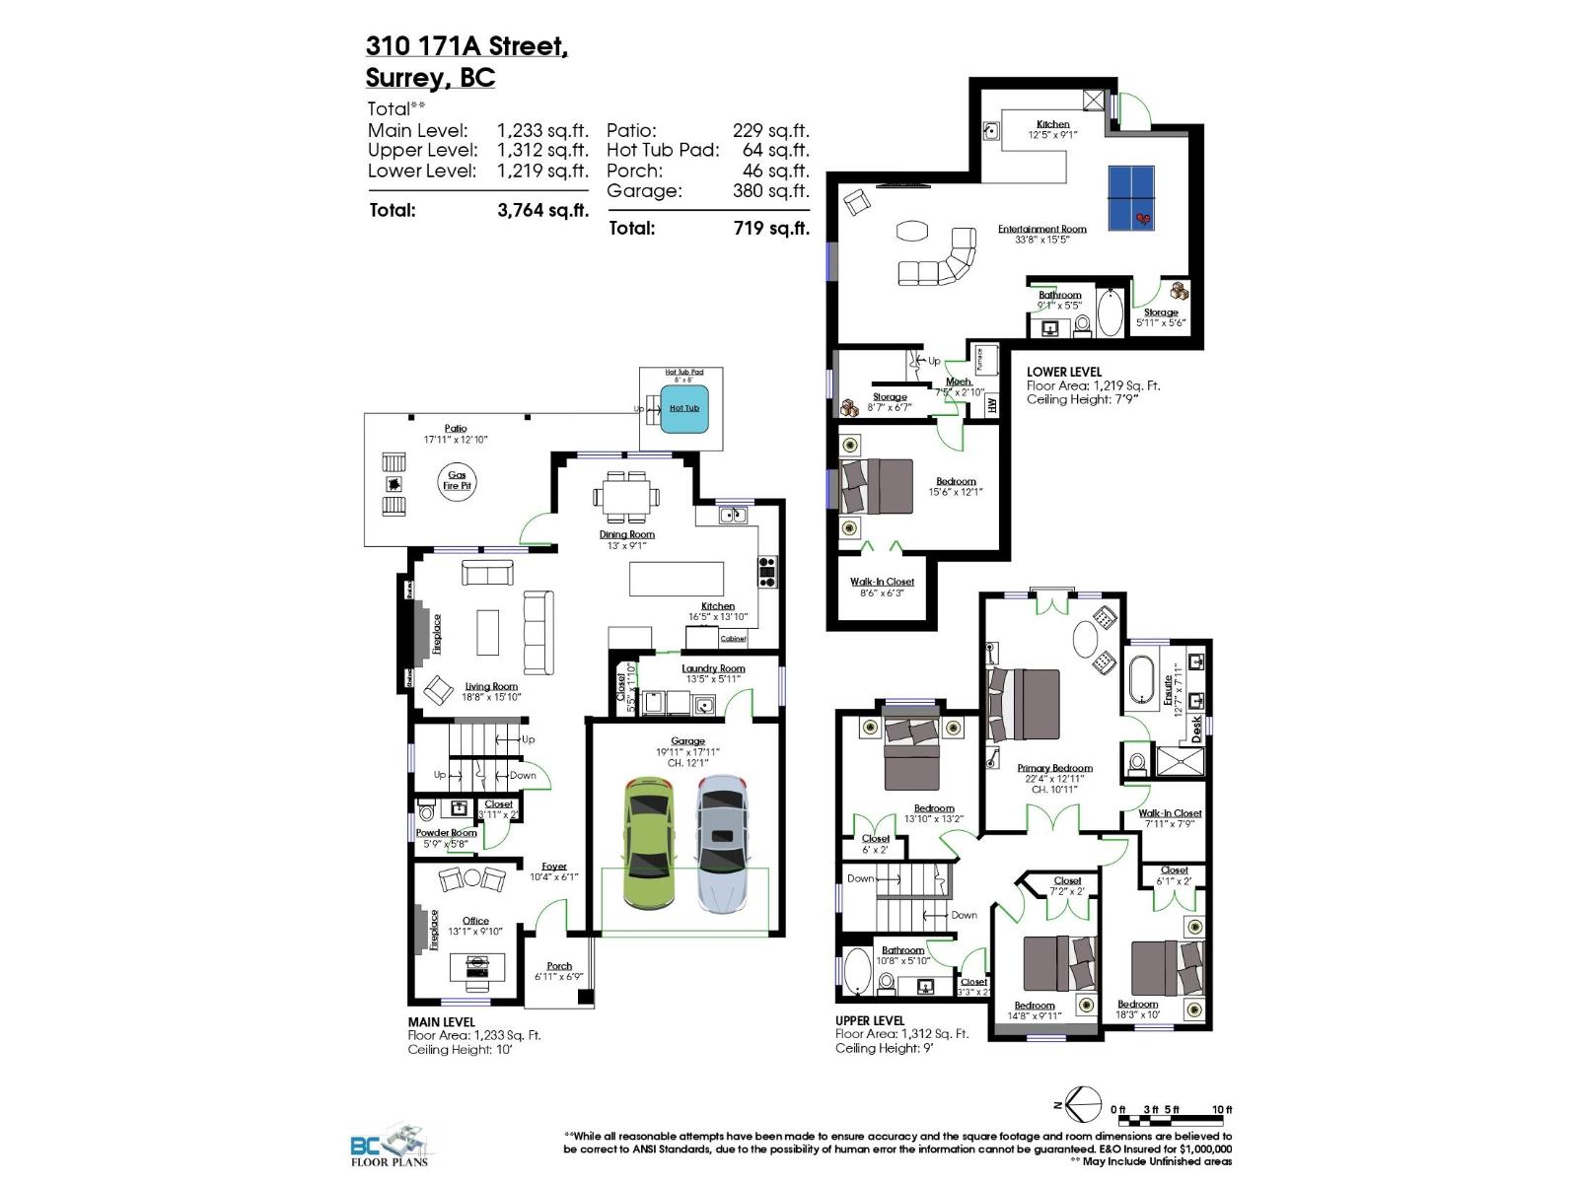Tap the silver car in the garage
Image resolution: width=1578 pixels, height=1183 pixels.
pyautogui.click(x=723, y=843)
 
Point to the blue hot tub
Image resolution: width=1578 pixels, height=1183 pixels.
pyautogui.click(x=683, y=409)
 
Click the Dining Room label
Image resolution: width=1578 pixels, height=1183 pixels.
pyautogui.click(x=627, y=534)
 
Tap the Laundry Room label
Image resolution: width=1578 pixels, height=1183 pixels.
pyautogui.click(x=713, y=668)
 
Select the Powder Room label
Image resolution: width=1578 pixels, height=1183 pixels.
pyautogui.click(x=446, y=833)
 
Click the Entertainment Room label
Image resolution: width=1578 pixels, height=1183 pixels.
pyautogui.click(x=1041, y=229)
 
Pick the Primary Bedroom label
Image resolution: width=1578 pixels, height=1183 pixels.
pyautogui.click(x=1054, y=768)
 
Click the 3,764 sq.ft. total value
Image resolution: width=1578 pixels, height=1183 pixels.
pyautogui.click(x=542, y=210)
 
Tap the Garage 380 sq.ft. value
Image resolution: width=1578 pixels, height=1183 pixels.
pyautogui.click(x=770, y=190)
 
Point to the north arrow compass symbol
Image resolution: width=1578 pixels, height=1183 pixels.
pyautogui.click(x=1083, y=1103)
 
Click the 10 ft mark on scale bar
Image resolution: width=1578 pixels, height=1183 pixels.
pyautogui.click(x=1222, y=1110)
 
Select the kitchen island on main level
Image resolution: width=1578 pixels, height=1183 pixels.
pyautogui.click(x=677, y=579)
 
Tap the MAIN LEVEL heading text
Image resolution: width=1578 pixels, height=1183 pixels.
pyautogui.click(x=441, y=1022)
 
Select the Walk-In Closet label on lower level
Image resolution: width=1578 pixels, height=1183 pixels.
pyautogui.click(x=882, y=582)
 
